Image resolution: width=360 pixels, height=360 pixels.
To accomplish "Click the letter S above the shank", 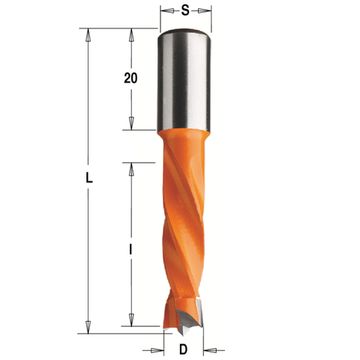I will pyautogui.click(x=186, y=12).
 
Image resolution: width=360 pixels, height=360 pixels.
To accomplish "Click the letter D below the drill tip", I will pyautogui.click(x=186, y=349).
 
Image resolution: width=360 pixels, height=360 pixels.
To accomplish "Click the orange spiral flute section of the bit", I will pyautogui.click(x=186, y=230).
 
